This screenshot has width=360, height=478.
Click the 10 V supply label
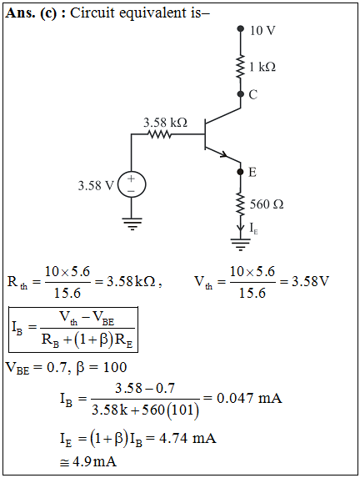click(262, 30)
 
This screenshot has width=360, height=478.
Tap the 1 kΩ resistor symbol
click(241, 67)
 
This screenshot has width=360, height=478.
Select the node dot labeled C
click(241, 94)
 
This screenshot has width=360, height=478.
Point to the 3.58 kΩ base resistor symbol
click(159, 134)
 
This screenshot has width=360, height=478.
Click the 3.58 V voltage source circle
click(132, 184)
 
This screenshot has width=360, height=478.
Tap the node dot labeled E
click(241, 172)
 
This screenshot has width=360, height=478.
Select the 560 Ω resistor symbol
click(241, 204)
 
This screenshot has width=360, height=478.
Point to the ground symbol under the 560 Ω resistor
click(241, 244)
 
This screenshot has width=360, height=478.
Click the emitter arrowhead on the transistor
click(224, 155)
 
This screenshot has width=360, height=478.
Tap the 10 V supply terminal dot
click(241, 28)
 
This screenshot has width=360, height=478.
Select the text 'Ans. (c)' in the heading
click(31, 13)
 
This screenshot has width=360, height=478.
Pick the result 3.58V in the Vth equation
click(310, 281)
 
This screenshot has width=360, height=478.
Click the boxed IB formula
click(73, 330)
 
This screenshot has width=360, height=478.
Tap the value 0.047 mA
click(249, 398)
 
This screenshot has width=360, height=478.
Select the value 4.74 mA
click(187, 438)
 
